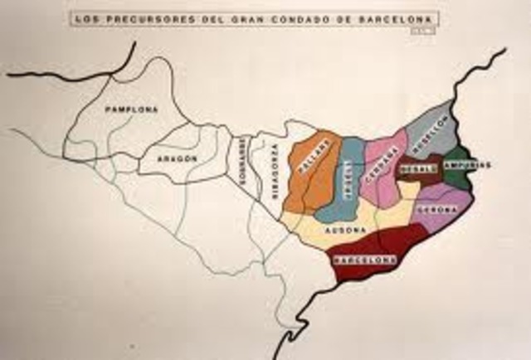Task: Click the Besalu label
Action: tap(417, 169)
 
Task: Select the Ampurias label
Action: tap(468, 165)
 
